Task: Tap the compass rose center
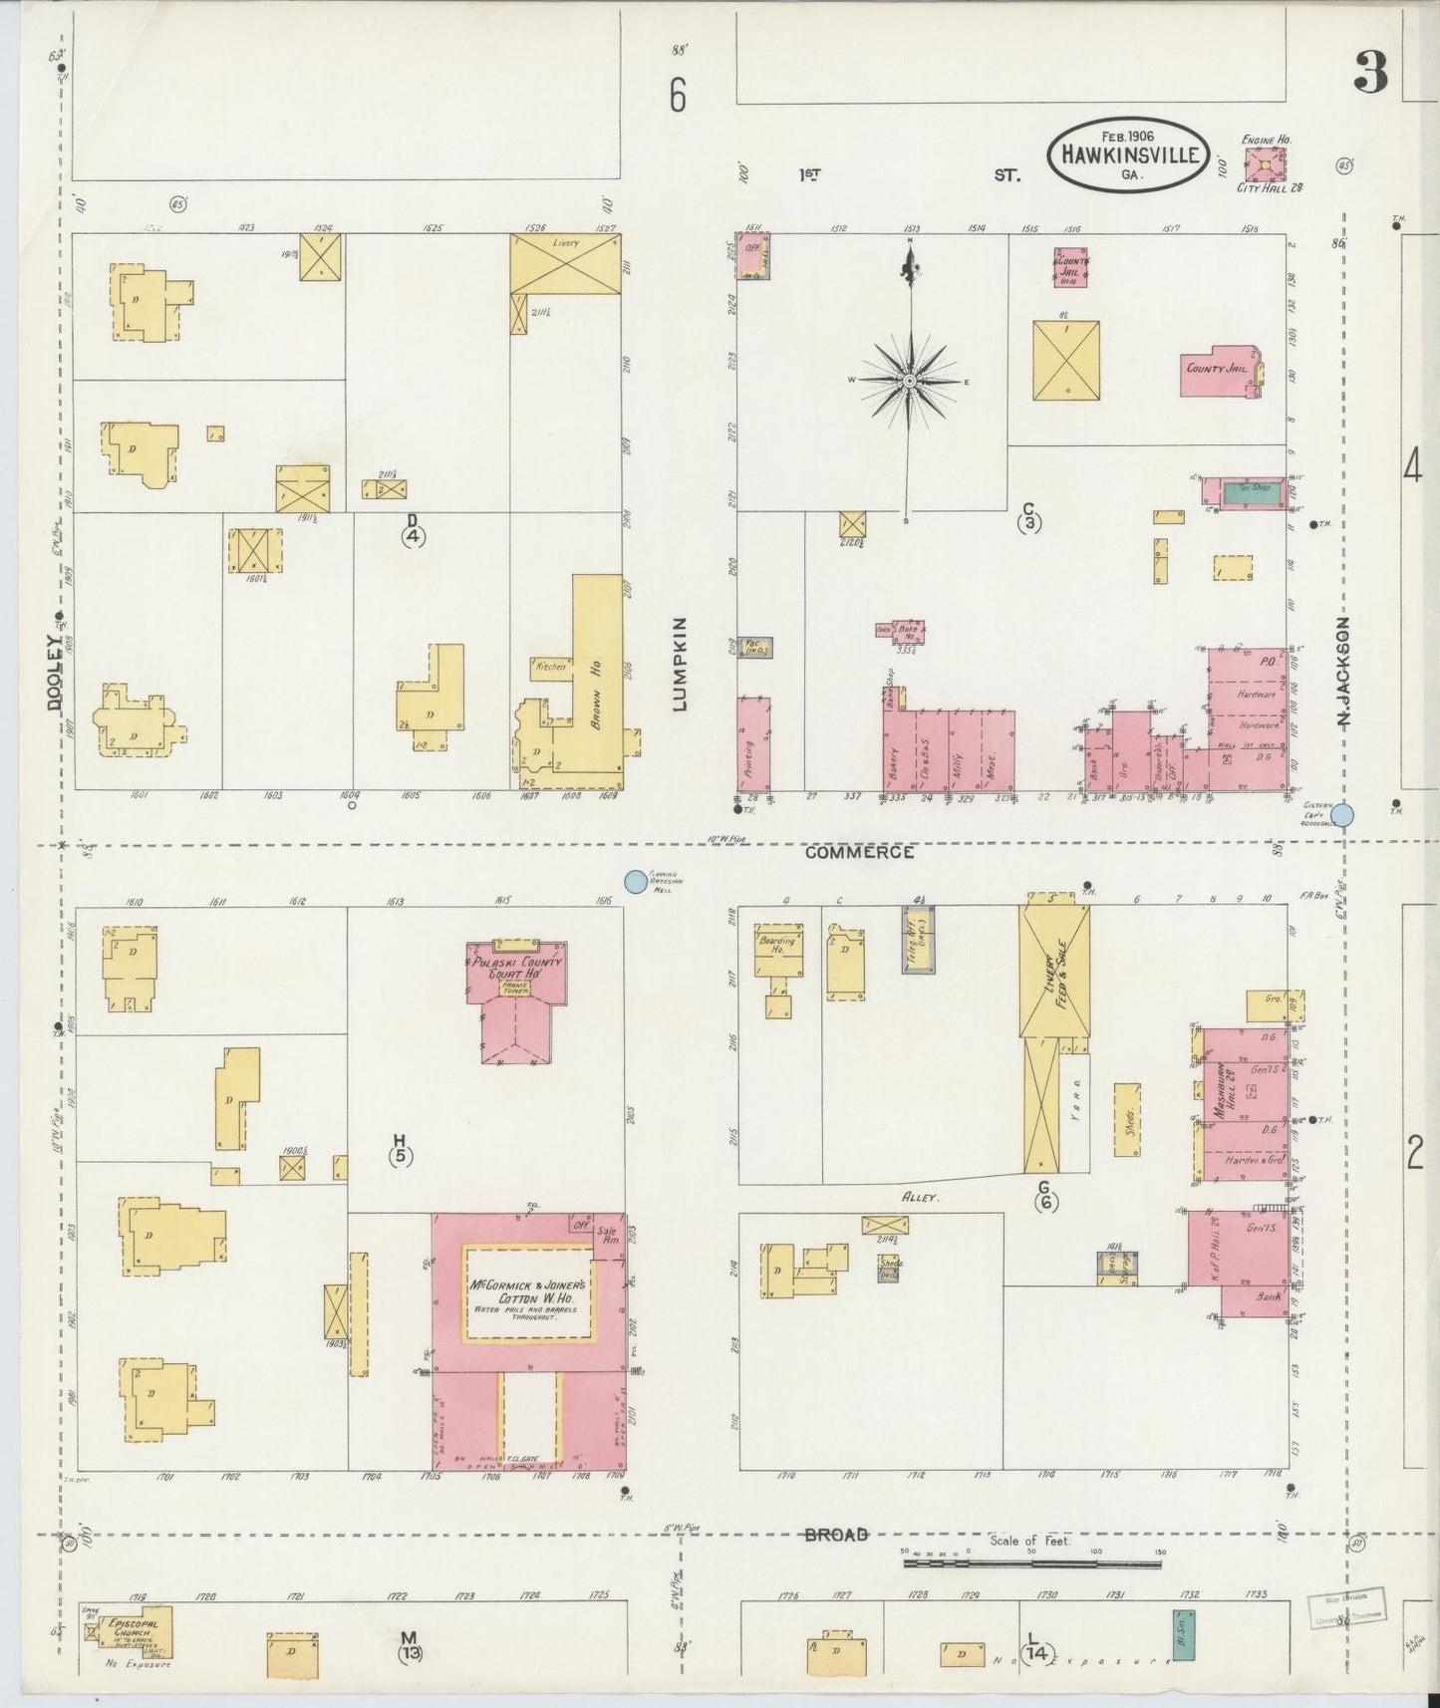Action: tap(910, 381)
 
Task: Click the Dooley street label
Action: tap(55, 673)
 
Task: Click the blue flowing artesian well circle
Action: tap(633, 880)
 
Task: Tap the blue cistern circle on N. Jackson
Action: tap(1342, 815)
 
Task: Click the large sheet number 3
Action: tap(1371, 72)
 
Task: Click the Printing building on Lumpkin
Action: tap(753, 743)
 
